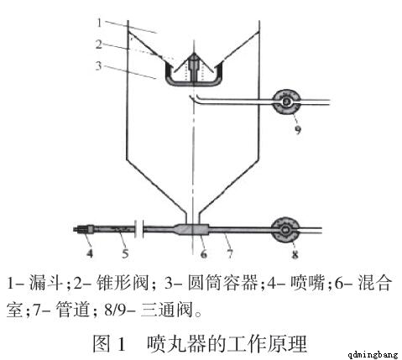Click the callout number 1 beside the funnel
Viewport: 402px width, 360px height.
coord(99,23)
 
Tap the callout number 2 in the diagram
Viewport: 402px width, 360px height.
coord(99,44)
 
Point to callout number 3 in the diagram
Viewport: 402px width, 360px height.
coord(98,65)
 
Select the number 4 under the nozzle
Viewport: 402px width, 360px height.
coord(90,253)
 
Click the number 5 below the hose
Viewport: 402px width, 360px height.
coord(125,253)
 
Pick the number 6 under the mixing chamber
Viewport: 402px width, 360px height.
coord(204,253)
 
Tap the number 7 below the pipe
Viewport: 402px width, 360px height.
coord(230,253)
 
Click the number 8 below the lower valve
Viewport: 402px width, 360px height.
coord(295,254)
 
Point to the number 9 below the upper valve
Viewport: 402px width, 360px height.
coord(297,129)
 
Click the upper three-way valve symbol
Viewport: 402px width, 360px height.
coord(286,102)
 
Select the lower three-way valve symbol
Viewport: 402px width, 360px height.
coord(285,230)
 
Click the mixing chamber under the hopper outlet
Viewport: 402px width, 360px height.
coord(191,229)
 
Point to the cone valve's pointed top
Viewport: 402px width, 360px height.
coord(194,54)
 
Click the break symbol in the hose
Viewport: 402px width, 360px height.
coord(138,229)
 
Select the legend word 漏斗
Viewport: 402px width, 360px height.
coord(45,283)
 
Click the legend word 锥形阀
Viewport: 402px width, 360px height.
coord(123,283)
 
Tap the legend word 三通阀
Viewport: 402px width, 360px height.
coord(167,310)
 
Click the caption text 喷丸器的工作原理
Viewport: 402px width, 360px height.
coord(227,343)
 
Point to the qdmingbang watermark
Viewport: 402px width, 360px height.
coord(373,355)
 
